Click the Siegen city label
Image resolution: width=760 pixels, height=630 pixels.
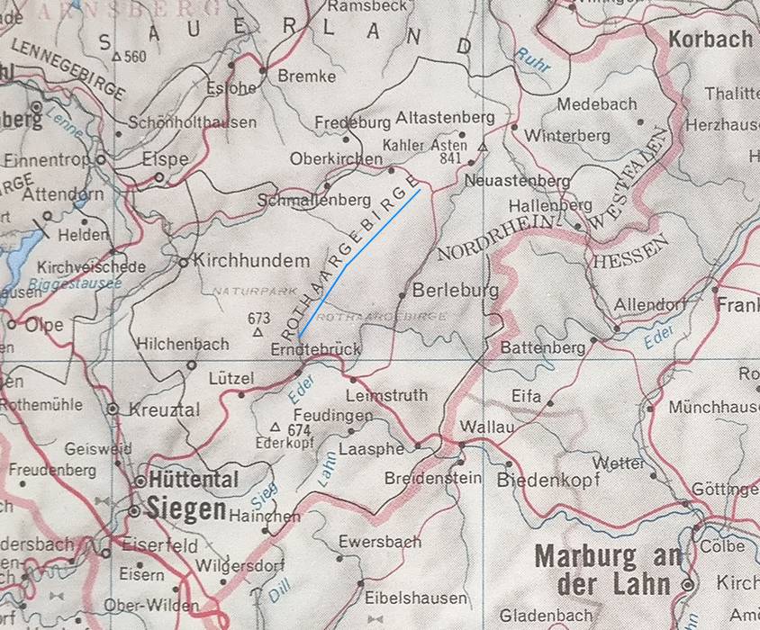pos(187,509)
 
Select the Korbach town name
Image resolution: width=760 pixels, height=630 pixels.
pos(710,40)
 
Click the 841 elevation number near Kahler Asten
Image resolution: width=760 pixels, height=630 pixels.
pos(452,158)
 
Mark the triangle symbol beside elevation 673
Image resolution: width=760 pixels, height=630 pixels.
pos(258,332)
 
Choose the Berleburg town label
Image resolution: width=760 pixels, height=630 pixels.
pos(455,291)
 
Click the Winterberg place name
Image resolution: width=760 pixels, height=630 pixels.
pos(567,137)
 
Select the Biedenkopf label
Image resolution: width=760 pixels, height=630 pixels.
pos(547,481)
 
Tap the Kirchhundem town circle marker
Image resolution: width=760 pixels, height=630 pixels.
pos(183,263)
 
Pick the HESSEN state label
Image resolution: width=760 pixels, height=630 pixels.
pos(629,251)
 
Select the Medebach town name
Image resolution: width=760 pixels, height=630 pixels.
pos(596,104)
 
